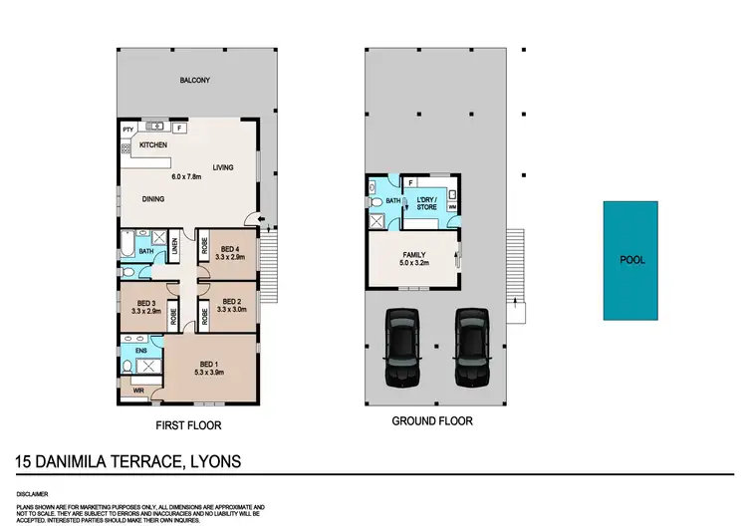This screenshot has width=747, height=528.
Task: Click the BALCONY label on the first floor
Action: coord(193,80)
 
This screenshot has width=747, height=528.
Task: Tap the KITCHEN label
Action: coord(152,145)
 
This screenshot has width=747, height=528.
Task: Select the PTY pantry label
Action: coord(127,130)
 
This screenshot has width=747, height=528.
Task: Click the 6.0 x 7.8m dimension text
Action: coord(185,177)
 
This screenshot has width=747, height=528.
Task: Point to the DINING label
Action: coord(152,198)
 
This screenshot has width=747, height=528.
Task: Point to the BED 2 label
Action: coord(231,302)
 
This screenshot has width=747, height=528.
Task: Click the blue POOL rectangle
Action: coord(632,260)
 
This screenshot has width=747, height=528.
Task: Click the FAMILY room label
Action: coord(413,255)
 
